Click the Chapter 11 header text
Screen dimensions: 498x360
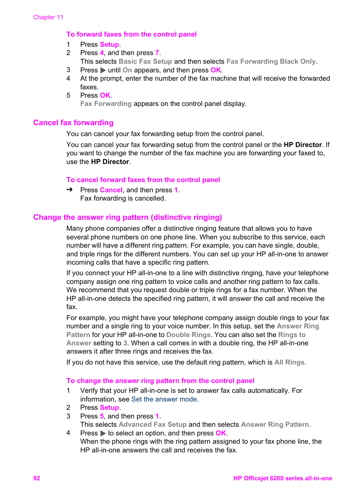pyautogui.click(x=48, y=17)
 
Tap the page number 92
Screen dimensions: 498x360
pyautogui.click(x=37, y=478)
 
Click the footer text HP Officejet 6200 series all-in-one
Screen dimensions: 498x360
pyautogui.click(x=282, y=478)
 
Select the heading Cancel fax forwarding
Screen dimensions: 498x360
pyautogui.click(x=73, y=123)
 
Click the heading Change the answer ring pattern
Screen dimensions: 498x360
pyautogui.click(x=128, y=217)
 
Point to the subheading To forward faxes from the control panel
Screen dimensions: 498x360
pyautogui.click(x=131, y=34)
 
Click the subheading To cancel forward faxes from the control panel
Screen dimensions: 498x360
pyautogui.click(x=143, y=180)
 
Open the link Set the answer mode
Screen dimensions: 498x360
pyautogui.click(x=164, y=399)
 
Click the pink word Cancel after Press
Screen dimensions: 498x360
pyautogui.click(x=111, y=190)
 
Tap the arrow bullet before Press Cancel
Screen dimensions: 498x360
pyautogui.click(x=69, y=190)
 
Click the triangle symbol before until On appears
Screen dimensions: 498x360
pyautogui.click(x=103, y=70)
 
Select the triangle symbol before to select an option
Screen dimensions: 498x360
pyautogui.click(x=103, y=433)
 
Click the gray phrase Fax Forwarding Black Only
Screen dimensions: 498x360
pyautogui.click(x=271, y=61)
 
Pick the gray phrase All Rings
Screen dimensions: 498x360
pyautogui.click(x=289, y=362)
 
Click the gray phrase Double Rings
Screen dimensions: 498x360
pyautogui.click(x=188, y=335)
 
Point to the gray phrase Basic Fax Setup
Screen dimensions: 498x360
pyautogui.click(x=145, y=61)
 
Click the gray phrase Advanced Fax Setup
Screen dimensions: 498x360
pyautogui.click(x=152, y=424)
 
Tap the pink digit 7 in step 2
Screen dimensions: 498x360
pyautogui.click(x=157, y=53)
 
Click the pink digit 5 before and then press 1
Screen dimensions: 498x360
pyautogui.click(x=102, y=416)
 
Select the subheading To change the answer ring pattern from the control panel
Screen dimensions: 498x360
pyautogui.click(x=160, y=381)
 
